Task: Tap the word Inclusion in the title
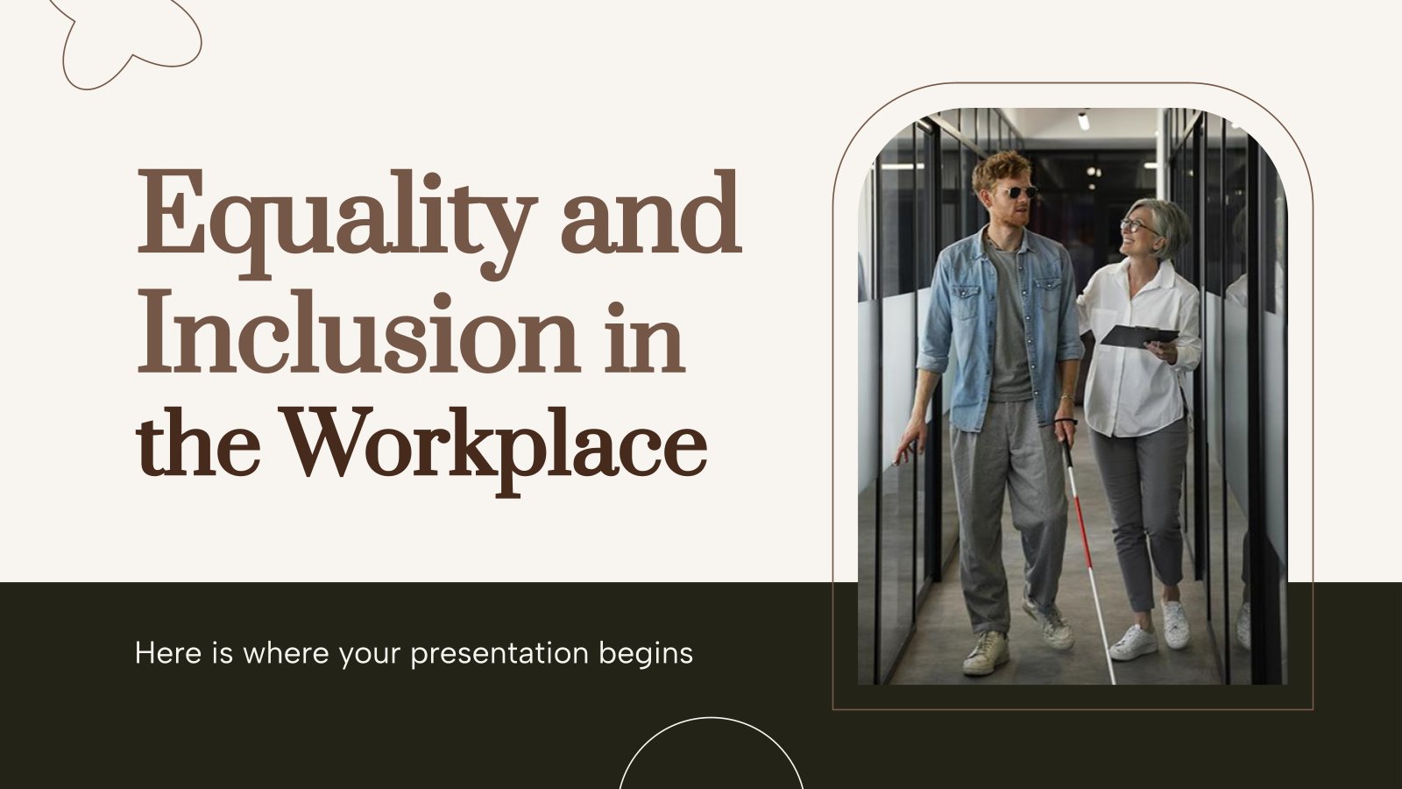pyautogui.click(x=356, y=333)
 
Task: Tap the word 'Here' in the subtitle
pyautogui.click(x=167, y=653)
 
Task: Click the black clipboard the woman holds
pyautogui.click(x=1139, y=336)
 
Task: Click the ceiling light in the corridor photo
pyautogui.click(x=1083, y=120)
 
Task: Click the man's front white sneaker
pyautogui.click(x=987, y=653)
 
